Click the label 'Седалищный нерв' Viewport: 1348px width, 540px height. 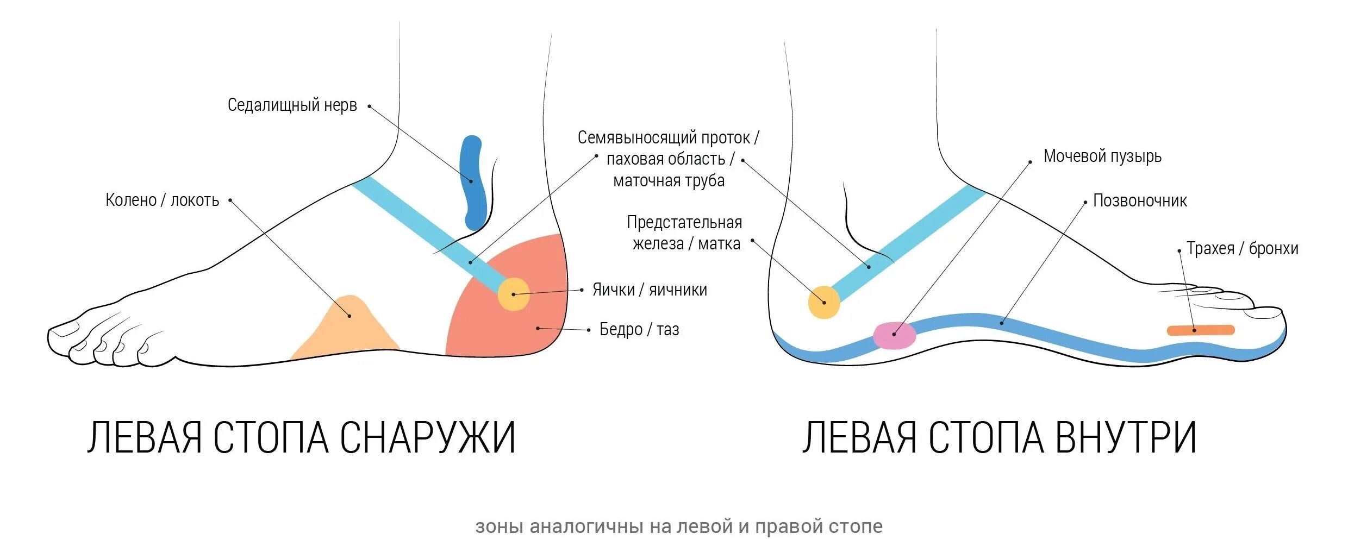292,105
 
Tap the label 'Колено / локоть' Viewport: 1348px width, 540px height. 162,200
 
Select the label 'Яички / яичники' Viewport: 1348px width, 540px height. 650,290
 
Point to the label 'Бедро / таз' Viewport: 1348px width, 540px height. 639,329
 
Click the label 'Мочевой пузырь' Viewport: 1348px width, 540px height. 1102,156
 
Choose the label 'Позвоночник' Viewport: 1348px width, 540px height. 1140,201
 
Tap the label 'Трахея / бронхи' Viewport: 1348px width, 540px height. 1242,249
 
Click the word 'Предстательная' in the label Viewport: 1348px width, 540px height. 684,223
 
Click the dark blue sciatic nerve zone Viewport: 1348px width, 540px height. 472,182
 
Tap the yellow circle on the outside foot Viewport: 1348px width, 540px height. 514,294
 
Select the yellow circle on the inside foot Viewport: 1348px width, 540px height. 824,302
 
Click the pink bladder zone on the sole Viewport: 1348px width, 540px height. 894,336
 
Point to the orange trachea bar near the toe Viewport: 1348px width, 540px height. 1201,330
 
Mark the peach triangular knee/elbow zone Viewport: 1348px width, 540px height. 348,330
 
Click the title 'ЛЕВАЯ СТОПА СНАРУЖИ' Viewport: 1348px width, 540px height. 301,438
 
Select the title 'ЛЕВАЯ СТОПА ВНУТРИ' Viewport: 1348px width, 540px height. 999,438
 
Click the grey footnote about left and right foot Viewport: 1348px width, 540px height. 679,526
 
